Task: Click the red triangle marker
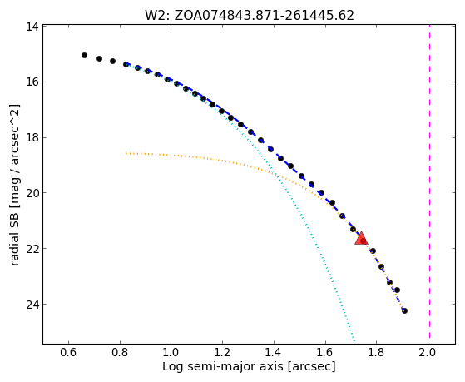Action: click(x=361, y=239)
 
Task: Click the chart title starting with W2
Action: click(x=250, y=15)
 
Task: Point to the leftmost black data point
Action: click(x=84, y=55)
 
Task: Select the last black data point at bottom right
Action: click(x=404, y=310)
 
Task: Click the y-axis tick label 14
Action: click(x=32, y=27)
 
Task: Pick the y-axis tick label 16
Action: click(x=32, y=82)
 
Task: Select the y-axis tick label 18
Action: click(x=32, y=137)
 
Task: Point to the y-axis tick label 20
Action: click(x=32, y=193)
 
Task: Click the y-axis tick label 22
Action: click(x=32, y=249)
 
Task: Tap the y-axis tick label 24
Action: click(x=32, y=305)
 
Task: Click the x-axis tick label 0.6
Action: click(x=68, y=352)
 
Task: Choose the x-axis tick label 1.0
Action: click(x=171, y=352)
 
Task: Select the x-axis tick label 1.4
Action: click(x=274, y=352)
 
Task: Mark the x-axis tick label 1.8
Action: click(x=376, y=352)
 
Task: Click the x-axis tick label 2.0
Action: click(x=428, y=352)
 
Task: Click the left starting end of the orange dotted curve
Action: click(x=126, y=153)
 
